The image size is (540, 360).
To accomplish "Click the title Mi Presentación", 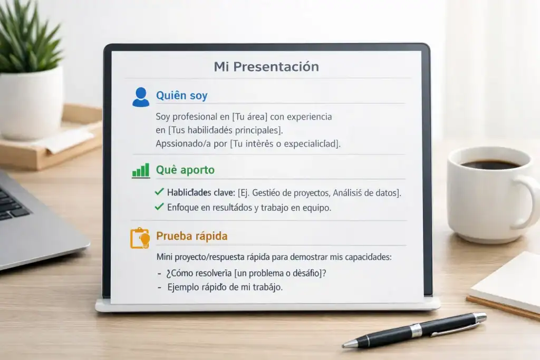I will [266, 67].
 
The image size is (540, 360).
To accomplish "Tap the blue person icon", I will [141, 97].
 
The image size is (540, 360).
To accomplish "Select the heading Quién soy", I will [181, 95].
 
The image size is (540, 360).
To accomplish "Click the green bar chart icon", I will [140, 170].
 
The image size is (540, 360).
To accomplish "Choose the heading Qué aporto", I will [185, 170].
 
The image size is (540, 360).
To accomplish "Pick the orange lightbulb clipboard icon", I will [140, 238].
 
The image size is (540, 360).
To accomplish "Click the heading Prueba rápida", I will [191, 236].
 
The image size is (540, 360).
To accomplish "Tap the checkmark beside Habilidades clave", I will [159, 192].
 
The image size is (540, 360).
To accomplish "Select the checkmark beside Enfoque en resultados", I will [159, 207].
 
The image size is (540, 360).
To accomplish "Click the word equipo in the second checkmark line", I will [316, 208].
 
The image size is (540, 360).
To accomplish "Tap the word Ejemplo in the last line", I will [185, 288].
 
